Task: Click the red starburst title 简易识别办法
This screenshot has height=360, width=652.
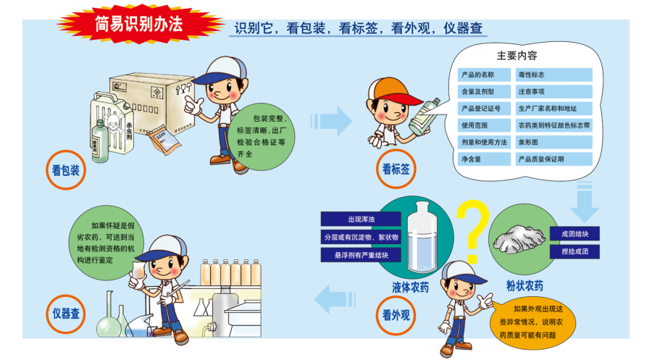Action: click(x=139, y=24)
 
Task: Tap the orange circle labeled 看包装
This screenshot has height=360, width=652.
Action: click(x=66, y=170)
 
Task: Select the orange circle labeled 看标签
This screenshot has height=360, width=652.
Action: click(x=396, y=169)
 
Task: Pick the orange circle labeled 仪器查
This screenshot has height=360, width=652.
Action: click(x=66, y=314)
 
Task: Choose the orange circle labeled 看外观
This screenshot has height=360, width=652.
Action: click(x=396, y=314)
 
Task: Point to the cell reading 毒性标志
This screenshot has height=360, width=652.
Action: click(x=554, y=75)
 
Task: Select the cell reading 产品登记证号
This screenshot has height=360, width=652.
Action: click(x=484, y=109)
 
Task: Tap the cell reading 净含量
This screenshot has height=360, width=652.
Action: click(x=484, y=159)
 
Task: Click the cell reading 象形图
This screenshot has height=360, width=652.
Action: click(x=554, y=142)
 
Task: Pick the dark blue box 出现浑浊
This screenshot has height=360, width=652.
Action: click(x=361, y=219)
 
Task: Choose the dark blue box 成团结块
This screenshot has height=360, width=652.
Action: click(x=574, y=234)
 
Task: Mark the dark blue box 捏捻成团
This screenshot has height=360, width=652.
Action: click(x=574, y=251)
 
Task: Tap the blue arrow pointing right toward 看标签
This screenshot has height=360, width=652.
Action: click(x=331, y=121)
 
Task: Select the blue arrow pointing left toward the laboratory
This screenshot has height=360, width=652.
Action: click(x=335, y=299)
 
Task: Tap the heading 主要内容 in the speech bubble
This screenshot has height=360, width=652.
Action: click(x=517, y=56)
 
